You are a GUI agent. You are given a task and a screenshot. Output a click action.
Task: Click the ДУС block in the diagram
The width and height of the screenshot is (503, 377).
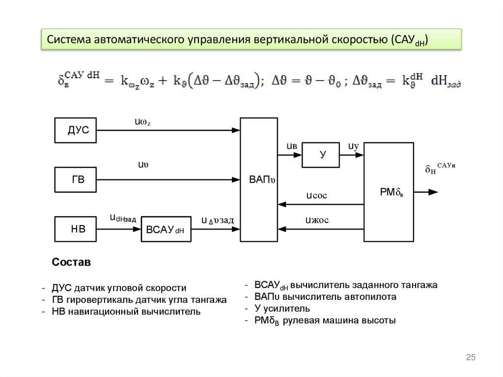(75, 130)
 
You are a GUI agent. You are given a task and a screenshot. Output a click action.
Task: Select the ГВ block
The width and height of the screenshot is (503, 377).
(75, 180)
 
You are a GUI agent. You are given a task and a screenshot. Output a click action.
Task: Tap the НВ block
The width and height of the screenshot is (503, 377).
(75, 228)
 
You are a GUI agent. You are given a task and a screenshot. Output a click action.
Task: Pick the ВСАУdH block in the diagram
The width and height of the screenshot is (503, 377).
(166, 229)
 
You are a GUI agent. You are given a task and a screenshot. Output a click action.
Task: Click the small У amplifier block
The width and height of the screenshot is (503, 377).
(321, 155)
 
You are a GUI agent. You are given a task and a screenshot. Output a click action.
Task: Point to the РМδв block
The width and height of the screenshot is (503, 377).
(389, 192)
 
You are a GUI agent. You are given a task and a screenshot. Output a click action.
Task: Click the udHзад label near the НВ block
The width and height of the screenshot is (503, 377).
(122, 218)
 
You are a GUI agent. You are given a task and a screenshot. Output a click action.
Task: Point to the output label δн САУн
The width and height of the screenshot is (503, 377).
(440, 169)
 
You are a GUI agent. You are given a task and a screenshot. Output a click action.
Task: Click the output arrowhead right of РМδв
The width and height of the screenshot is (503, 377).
(433, 192)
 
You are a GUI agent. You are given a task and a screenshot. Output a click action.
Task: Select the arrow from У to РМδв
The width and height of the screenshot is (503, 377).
(352, 155)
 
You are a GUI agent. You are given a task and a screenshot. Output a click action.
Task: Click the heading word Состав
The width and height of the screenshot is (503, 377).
(71, 262)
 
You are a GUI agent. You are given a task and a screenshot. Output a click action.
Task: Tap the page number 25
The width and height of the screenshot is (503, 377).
(471, 358)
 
